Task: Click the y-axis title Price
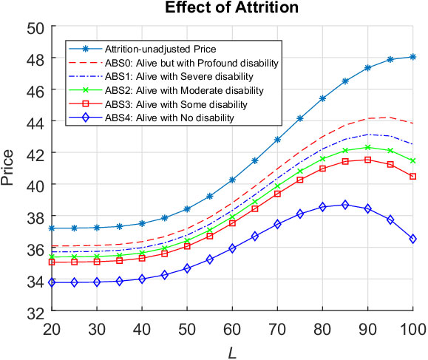9,169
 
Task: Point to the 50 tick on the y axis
37,27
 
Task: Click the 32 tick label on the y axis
37,313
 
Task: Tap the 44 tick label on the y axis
37,122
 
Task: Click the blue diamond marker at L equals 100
412,239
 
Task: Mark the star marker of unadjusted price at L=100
412,57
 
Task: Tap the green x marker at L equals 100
412,160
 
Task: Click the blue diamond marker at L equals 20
52,282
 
